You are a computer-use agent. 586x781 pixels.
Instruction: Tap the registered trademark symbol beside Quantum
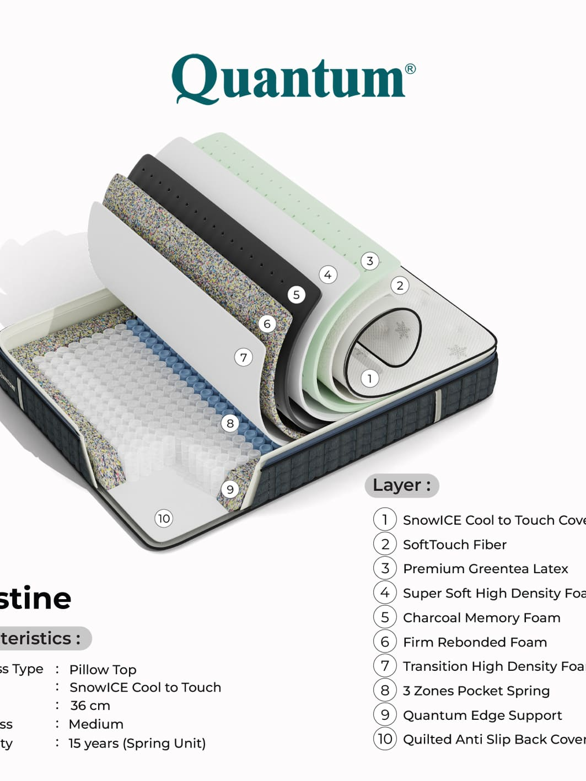[410, 69]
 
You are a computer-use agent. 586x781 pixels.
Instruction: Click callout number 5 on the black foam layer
[296, 295]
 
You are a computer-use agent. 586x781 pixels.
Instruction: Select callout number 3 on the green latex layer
[370, 261]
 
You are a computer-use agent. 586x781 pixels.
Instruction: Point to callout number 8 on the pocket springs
[230, 423]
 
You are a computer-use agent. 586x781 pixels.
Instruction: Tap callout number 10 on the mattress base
[164, 518]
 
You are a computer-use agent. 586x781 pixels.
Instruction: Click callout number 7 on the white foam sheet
[243, 357]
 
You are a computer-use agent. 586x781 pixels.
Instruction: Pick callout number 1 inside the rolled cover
[369, 378]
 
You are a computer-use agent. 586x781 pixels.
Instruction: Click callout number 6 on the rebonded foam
[267, 324]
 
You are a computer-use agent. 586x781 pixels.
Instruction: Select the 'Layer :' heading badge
[401, 485]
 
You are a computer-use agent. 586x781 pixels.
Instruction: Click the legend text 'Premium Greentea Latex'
[485, 569]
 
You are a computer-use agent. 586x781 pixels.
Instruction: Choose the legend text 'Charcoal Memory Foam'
[481, 618]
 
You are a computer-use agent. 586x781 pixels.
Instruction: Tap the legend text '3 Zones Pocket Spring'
[476, 691]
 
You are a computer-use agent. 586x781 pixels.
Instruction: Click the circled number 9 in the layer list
[385, 715]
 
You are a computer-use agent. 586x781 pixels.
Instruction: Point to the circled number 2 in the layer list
[385, 545]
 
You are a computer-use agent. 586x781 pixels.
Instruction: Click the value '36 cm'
[90, 705]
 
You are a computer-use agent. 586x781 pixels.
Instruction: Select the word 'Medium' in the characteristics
[96, 724]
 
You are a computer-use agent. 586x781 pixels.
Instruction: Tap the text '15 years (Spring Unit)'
[137, 743]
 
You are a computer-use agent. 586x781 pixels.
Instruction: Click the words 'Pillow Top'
[103, 670]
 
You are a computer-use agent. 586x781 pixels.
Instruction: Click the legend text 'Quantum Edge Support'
[482, 715]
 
